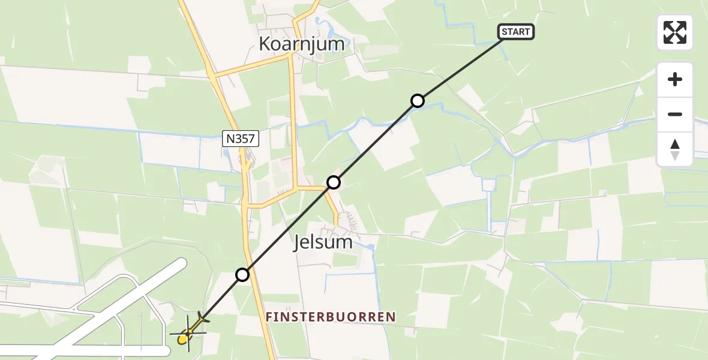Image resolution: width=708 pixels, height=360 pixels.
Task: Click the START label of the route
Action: pyautogui.click(x=516, y=32)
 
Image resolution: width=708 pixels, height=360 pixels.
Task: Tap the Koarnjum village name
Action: pyautogui.click(x=302, y=44)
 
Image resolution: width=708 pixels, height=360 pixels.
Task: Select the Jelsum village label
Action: pyautogui.click(x=323, y=243)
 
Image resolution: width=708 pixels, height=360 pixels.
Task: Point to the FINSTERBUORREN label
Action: pyautogui.click(x=331, y=317)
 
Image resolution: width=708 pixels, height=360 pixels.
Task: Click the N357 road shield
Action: pyautogui.click(x=241, y=139)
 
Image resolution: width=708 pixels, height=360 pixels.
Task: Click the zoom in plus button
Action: pyautogui.click(x=675, y=79)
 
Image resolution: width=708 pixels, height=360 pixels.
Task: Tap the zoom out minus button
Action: pyautogui.click(x=675, y=114)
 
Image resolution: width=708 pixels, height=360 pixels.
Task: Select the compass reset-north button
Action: pyautogui.click(x=675, y=149)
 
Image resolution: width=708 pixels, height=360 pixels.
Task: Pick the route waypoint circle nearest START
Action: pyautogui.click(x=418, y=101)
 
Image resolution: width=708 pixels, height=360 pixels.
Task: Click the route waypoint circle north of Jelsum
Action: pyautogui.click(x=334, y=182)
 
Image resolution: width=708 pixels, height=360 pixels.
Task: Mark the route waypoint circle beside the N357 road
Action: pyautogui.click(x=242, y=275)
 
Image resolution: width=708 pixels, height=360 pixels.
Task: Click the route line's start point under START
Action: pyautogui.click(x=502, y=40)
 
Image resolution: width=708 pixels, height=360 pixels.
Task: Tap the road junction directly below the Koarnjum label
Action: pyautogui.click(x=291, y=56)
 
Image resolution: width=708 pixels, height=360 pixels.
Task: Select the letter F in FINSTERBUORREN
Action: pyautogui.click(x=269, y=317)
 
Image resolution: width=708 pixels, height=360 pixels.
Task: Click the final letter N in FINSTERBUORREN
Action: pyautogui.click(x=392, y=317)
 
